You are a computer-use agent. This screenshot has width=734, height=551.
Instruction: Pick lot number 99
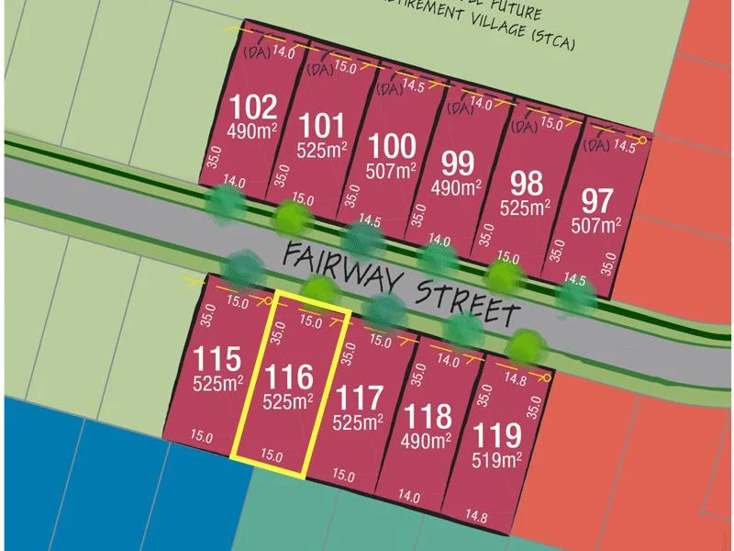point(457,164)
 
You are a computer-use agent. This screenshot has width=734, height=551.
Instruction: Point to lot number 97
point(597,199)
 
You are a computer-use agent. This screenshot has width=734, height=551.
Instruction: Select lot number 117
point(359,399)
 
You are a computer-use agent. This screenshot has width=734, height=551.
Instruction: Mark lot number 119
point(496,434)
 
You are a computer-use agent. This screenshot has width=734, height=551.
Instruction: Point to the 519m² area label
point(496,457)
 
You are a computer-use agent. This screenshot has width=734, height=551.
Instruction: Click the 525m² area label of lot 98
point(525,208)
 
